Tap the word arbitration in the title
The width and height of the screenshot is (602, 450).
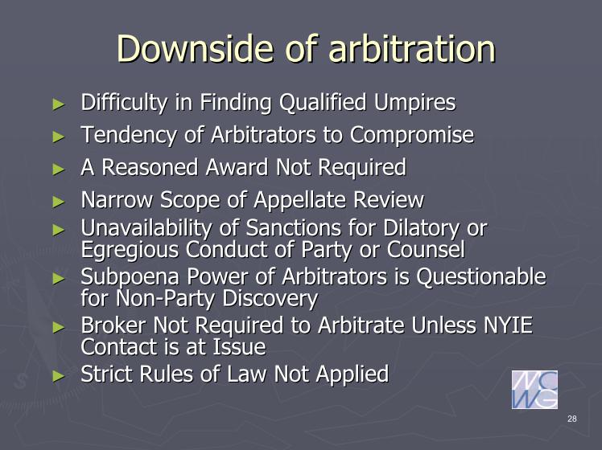[x=412, y=48]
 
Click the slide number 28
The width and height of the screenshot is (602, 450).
[x=571, y=419]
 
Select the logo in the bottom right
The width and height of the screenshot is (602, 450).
[x=534, y=390]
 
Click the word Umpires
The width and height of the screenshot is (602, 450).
[x=414, y=103]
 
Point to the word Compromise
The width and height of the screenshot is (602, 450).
[x=411, y=135]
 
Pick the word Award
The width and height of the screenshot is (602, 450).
[x=238, y=167]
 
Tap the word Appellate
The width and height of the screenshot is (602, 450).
[x=300, y=200]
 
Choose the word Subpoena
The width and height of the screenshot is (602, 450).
[x=130, y=277]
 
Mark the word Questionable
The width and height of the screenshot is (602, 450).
[x=481, y=276]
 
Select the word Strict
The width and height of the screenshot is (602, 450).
[x=106, y=374]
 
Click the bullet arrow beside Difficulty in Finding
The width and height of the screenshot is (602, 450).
[x=59, y=104]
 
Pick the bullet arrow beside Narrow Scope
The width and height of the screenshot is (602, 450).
[x=59, y=201]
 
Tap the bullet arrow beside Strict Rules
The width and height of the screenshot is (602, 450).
[x=59, y=375]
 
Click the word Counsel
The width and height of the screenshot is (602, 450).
[x=426, y=250]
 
